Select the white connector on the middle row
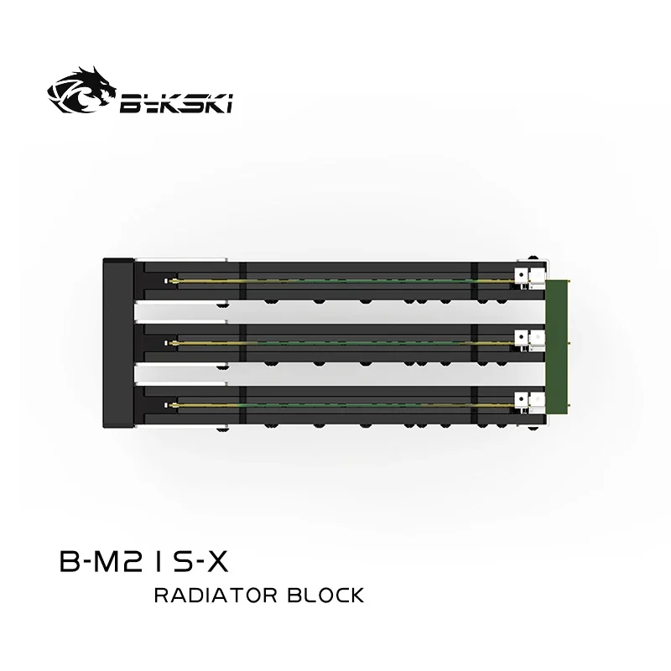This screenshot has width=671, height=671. pos(527,339)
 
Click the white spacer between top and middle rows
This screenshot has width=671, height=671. pos(180,312)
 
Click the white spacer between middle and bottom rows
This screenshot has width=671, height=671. pos(180,373)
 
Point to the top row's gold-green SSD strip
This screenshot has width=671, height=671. pos(335,279)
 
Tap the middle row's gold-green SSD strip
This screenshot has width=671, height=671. pos(335,341)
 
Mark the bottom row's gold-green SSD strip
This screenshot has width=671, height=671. pos(335,404)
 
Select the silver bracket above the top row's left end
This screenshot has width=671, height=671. pos(180,259)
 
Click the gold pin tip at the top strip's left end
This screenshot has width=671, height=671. pos(169,279)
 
